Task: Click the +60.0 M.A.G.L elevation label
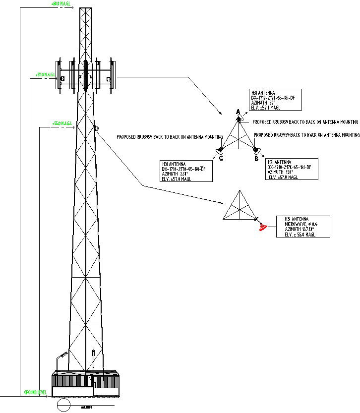coord(62,4)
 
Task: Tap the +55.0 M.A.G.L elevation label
coord(62,123)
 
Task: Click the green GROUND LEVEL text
coord(35,392)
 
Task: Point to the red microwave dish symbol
coord(263,227)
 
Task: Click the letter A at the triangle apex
coord(238,112)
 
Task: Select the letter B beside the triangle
coord(256,159)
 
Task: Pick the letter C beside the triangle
coord(221,159)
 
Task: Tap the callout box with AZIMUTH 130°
coord(292,169)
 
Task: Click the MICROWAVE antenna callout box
coord(303,227)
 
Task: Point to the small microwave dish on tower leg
coord(96,128)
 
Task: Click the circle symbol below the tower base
coord(63,405)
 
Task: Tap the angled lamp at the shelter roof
coord(62,355)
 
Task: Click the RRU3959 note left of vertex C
coord(169,137)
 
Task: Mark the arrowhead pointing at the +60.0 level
coord(75,8)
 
